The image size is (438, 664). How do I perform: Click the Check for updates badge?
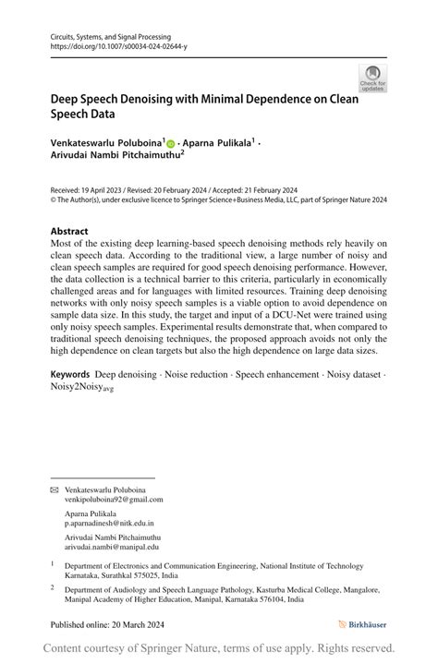372,78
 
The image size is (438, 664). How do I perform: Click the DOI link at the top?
118,46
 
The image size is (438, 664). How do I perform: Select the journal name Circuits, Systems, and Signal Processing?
109,36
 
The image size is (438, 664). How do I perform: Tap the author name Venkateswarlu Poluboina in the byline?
107,144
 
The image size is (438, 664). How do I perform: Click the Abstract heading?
70,231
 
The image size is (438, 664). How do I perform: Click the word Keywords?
70,375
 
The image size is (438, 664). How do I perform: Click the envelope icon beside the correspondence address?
55,489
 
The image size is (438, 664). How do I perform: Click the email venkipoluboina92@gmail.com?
114,500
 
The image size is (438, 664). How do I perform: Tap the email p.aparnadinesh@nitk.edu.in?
109,523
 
